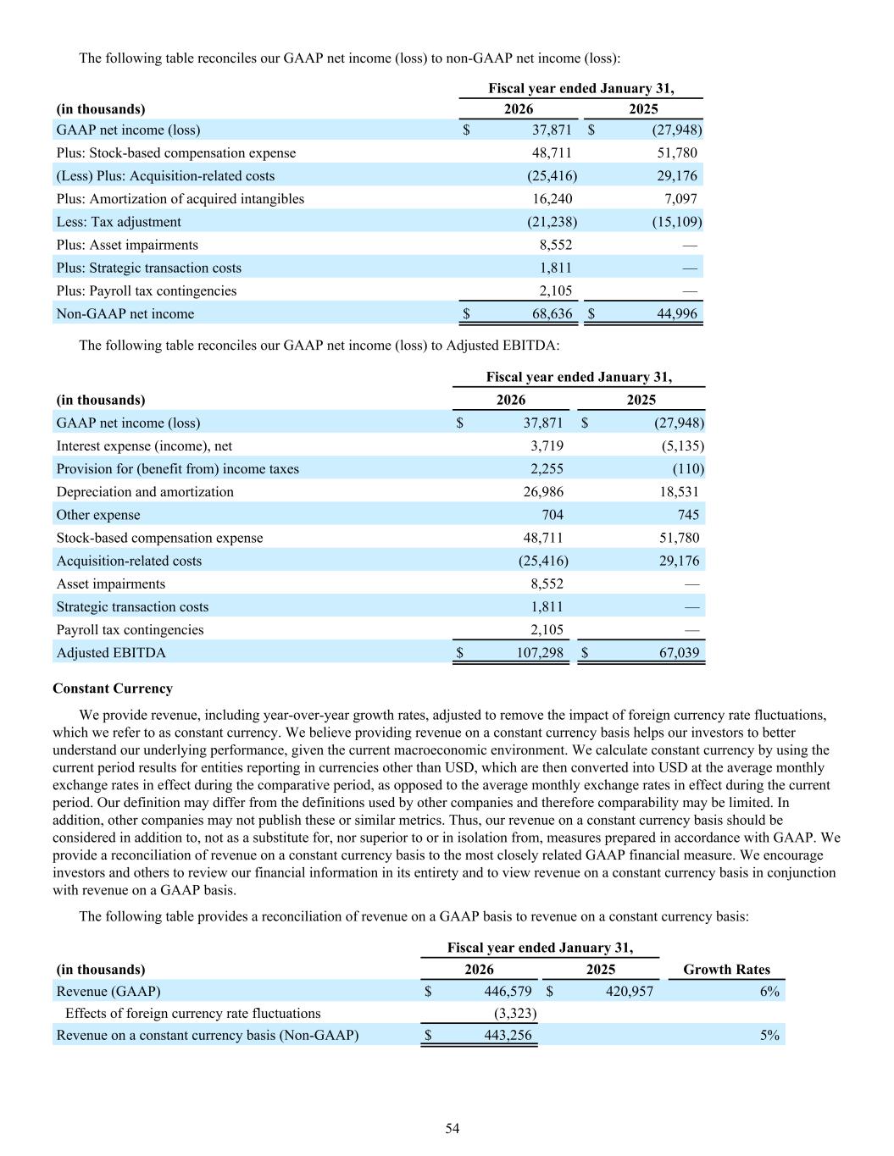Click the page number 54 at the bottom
[453, 1128]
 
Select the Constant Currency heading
[113, 689]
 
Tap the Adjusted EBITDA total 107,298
[535, 652]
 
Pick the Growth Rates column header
[726, 970]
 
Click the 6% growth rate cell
[769, 991]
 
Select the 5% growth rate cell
[769, 1035]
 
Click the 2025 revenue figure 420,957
[630, 991]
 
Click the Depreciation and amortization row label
[145, 492]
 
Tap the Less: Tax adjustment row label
[119, 222]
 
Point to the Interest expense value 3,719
[547, 445]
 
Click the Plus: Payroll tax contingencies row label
[147, 290]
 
